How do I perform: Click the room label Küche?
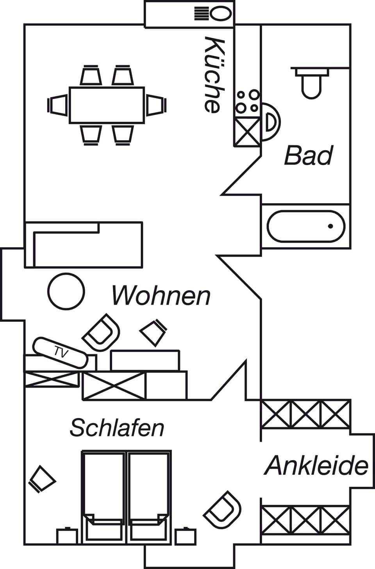click(214, 75)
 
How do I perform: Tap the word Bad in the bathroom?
click(308, 155)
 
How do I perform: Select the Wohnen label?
click(161, 296)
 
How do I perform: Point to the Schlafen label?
click(117, 428)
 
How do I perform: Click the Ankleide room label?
click(316, 466)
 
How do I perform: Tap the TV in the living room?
click(61, 353)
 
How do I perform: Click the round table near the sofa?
click(66, 291)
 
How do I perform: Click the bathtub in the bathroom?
click(306, 226)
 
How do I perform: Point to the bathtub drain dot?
click(330, 226)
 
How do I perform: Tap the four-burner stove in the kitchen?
click(247, 102)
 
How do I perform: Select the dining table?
click(107, 105)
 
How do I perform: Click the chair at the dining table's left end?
click(57, 105)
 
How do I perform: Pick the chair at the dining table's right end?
click(157, 105)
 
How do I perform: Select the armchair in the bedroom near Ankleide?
click(222, 510)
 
